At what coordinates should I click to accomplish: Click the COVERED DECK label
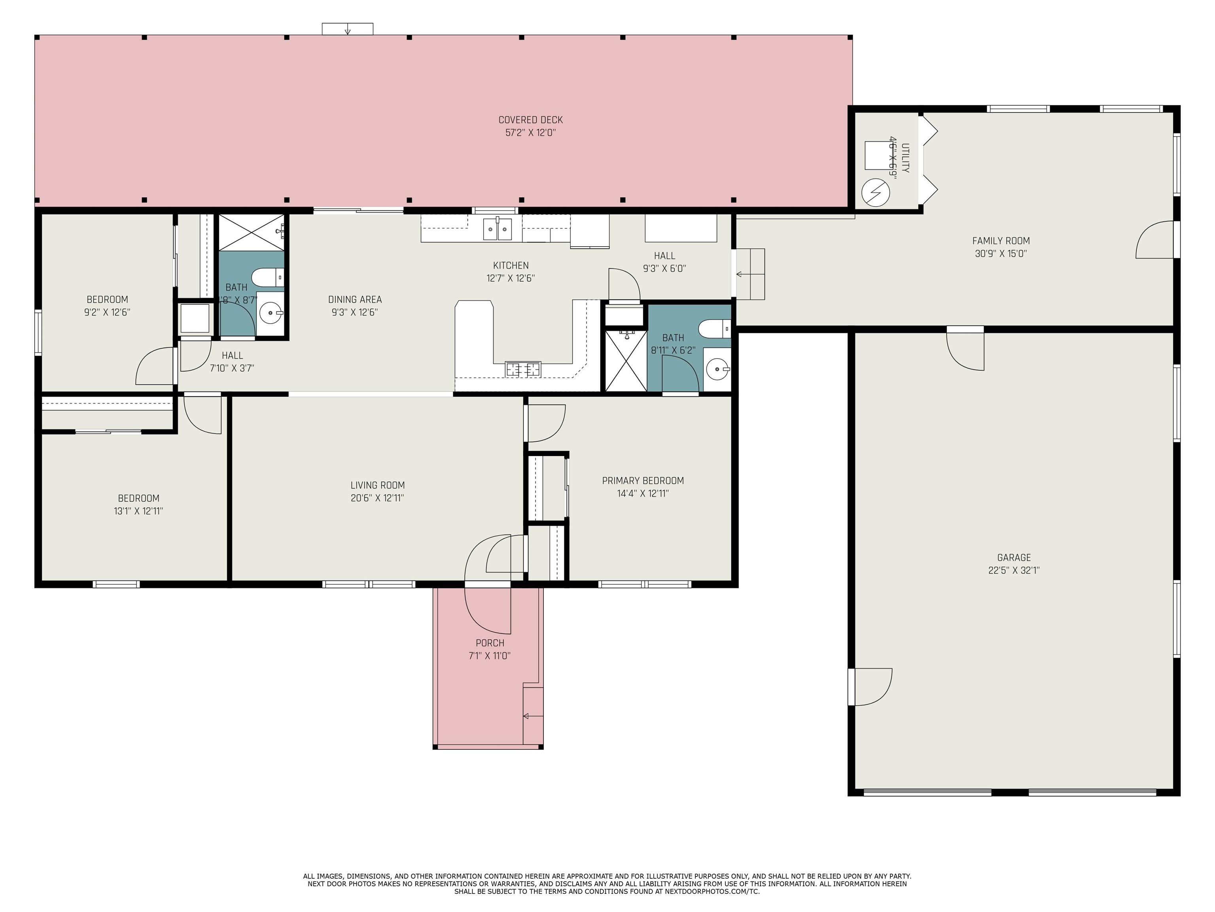(x=531, y=120)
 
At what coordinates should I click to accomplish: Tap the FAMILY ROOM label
(x=1001, y=241)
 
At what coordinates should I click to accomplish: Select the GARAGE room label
(x=1014, y=557)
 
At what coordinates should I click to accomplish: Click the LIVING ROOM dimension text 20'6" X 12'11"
(x=377, y=498)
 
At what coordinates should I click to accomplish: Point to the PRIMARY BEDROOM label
(x=643, y=481)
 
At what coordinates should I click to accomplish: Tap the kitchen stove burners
(x=523, y=369)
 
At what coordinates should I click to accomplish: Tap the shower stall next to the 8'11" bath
(x=626, y=361)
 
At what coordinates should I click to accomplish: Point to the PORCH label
(x=490, y=642)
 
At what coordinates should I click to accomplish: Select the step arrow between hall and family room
(x=750, y=274)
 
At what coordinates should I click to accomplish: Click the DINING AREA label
(x=355, y=300)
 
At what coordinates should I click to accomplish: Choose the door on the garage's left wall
(x=870, y=687)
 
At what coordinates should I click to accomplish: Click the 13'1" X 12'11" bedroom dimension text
(x=138, y=511)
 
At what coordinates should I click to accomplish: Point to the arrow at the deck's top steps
(x=347, y=31)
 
